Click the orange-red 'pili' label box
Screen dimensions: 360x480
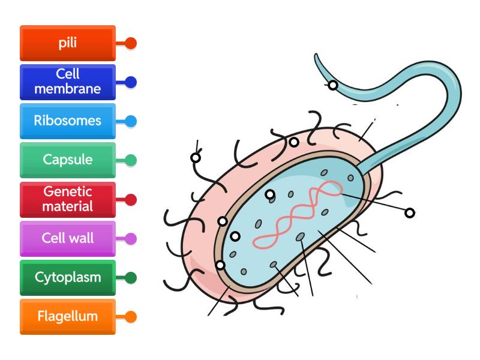point(67,43)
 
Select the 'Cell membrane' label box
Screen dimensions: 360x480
point(67,82)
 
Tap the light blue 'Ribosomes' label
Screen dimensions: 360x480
point(67,121)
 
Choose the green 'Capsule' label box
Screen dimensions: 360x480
point(67,160)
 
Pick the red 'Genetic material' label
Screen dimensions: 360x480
point(67,199)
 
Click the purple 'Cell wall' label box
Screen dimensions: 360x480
point(67,238)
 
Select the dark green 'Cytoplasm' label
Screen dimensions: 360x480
point(67,278)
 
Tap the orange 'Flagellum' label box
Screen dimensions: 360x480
point(67,316)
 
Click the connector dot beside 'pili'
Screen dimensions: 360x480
point(131,43)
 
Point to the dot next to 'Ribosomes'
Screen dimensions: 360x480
point(131,121)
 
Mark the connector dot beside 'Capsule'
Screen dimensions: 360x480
point(131,160)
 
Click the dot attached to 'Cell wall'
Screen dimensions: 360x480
point(131,239)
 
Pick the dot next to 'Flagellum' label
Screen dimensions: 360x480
point(131,317)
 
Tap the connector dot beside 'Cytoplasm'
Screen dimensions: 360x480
point(131,278)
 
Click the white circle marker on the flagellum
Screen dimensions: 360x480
point(332,85)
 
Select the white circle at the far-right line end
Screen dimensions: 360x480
point(410,212)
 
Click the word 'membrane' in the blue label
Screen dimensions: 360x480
point(67,89)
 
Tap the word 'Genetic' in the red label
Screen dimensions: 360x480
point(67,192)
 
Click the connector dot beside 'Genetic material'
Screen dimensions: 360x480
point(131,199)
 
